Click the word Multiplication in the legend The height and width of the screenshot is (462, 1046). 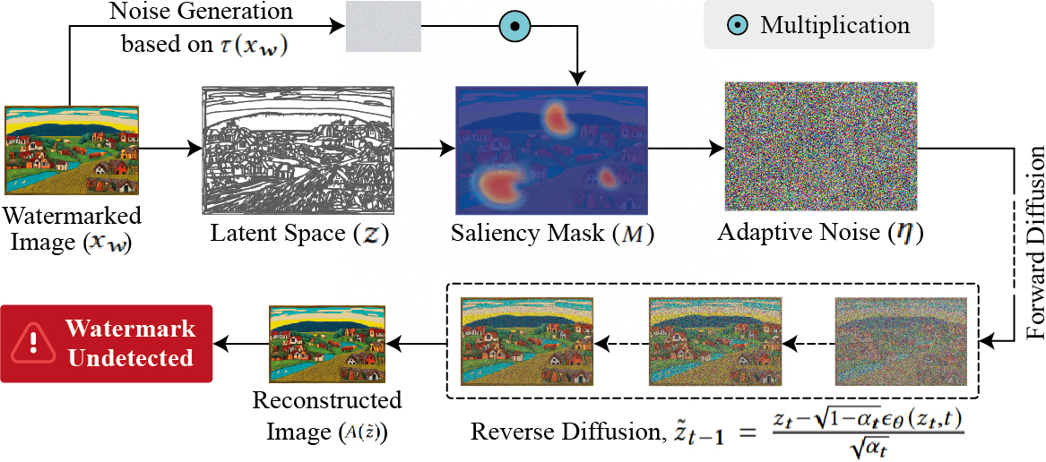(x=834, y=25)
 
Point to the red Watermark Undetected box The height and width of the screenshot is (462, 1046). (x=107, y=344)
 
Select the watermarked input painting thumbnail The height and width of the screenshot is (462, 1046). (x=73, y=150)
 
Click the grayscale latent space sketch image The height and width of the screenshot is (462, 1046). (x=298, y=150)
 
